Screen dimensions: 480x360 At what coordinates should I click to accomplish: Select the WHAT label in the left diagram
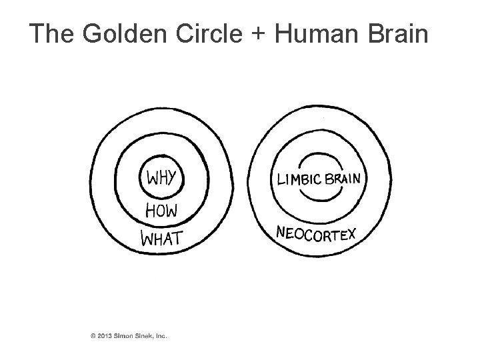162,237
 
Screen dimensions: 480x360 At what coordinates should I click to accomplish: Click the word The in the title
51,34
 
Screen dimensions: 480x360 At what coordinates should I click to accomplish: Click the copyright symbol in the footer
93,335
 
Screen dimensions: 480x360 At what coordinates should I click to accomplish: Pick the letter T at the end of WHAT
178,237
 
